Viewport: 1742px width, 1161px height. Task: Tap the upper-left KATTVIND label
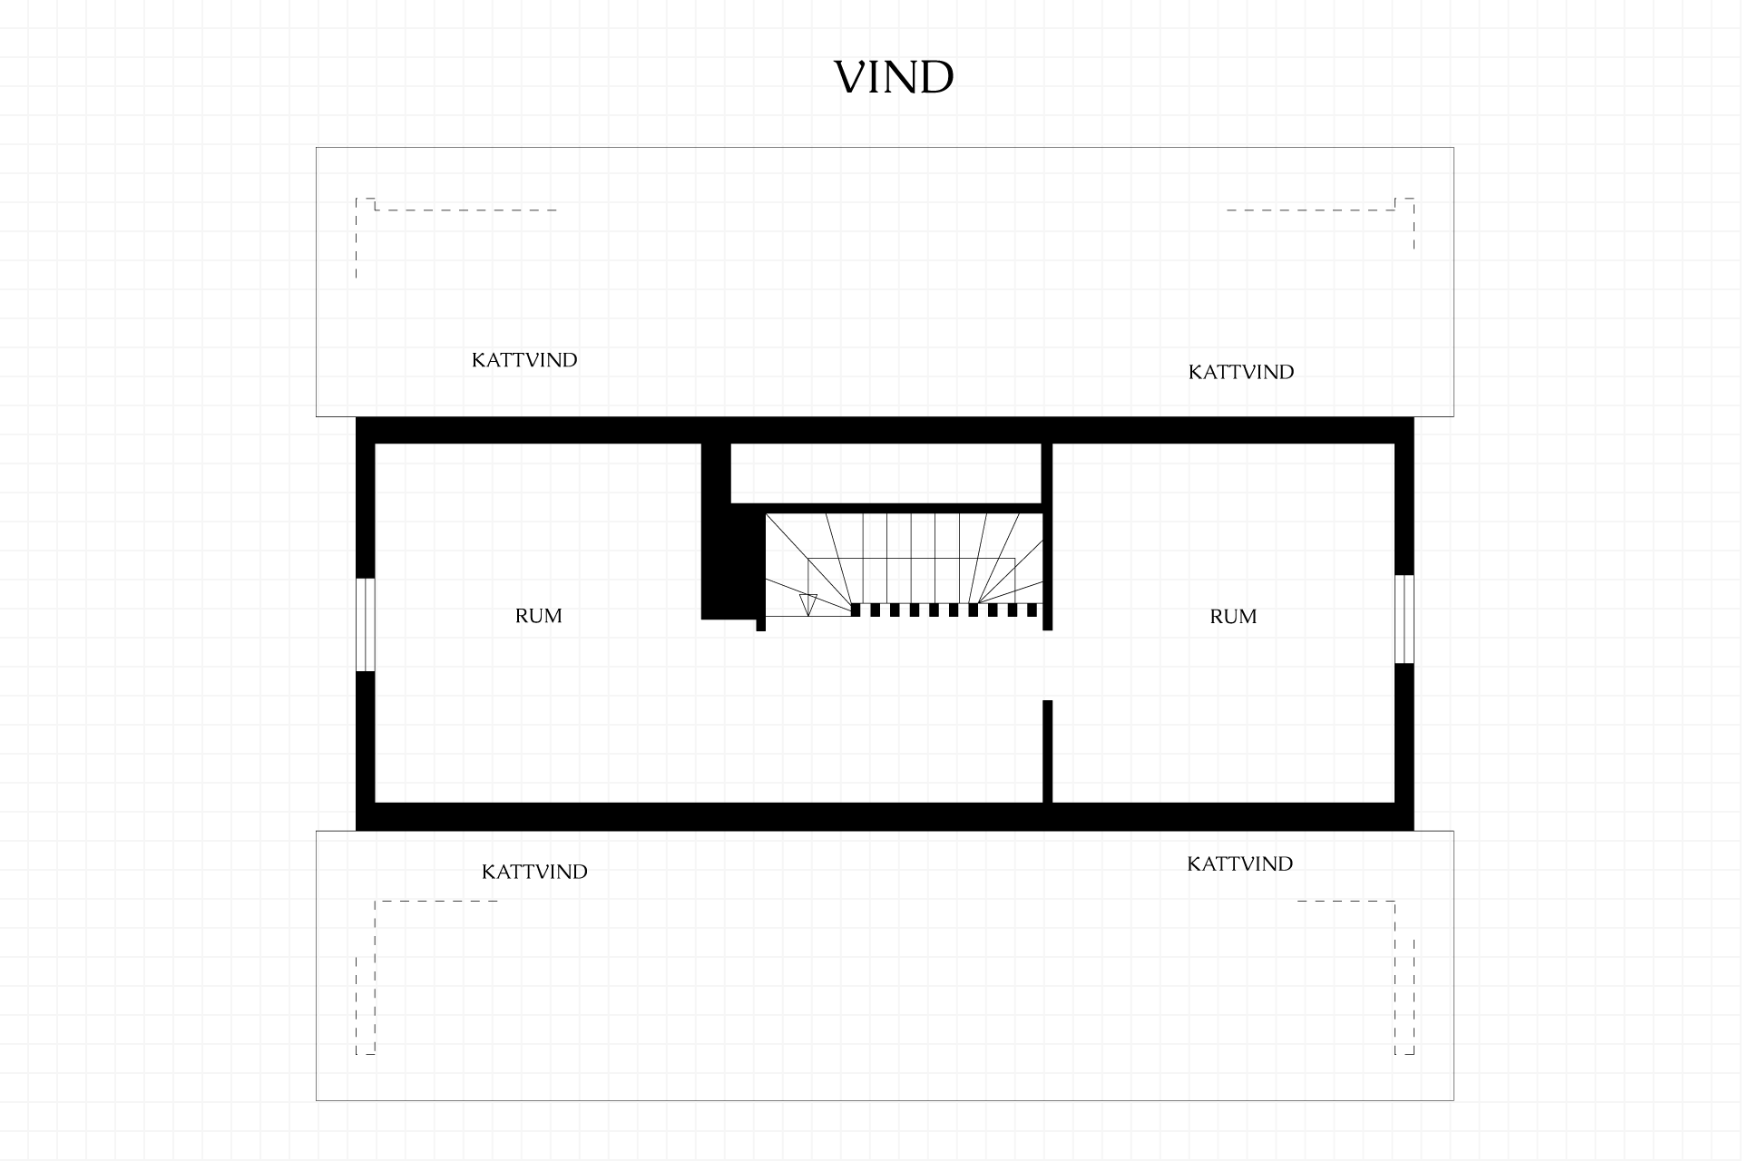point(524,360)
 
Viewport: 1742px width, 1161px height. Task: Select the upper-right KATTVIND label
point(1241,372)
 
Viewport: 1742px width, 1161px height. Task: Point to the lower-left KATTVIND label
point(534,872)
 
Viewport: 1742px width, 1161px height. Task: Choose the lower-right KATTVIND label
point(1240,863)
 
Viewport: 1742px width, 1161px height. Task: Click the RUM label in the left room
point(539,616)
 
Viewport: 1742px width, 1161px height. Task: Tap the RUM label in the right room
point(1234,617)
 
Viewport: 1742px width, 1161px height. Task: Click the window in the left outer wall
point(365,624)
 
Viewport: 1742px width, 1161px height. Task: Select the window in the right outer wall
point(1404,619)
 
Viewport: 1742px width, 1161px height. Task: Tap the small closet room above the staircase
point(886,473)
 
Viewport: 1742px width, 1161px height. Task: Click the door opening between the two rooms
point(1047,665)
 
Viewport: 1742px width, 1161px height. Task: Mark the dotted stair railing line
point(944,610)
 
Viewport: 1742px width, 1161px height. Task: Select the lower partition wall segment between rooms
point(1047,751)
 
